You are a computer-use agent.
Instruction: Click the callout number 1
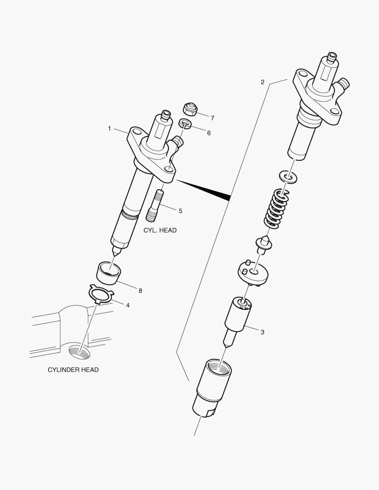(109, 129)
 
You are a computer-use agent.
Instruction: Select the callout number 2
(262, 82)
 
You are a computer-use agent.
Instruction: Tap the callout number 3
(262, 332)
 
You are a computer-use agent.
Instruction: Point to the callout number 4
(128, 305)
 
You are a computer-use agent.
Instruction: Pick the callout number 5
(180, 211)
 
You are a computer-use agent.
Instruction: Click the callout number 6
(209, 133)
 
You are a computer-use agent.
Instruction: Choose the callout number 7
(212, 118)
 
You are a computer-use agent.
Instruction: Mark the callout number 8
(140, 290)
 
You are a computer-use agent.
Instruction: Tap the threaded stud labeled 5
(155, 206)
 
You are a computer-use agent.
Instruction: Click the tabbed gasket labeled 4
(101, 295)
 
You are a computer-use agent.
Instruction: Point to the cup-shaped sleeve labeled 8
(109, 272)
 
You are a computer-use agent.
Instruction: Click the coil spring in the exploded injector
(277, 209)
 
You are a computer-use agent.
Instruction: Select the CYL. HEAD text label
(160, 230)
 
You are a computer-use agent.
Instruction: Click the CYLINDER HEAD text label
(73, 370)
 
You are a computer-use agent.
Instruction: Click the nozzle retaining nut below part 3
(212, 386)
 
